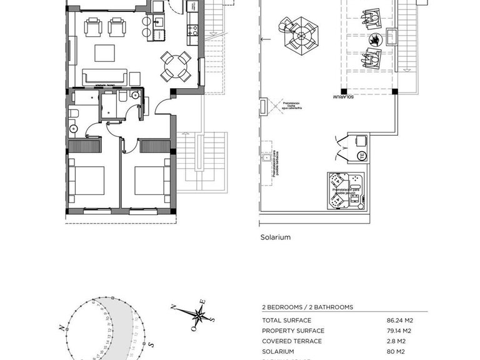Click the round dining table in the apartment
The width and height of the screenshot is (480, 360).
176,66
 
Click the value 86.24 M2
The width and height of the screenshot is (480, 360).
400,321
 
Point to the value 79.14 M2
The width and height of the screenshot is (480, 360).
400,331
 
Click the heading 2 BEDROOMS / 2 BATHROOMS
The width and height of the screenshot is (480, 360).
307,307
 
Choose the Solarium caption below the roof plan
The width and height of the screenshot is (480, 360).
276,237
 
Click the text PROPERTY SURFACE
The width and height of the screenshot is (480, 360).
293,331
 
